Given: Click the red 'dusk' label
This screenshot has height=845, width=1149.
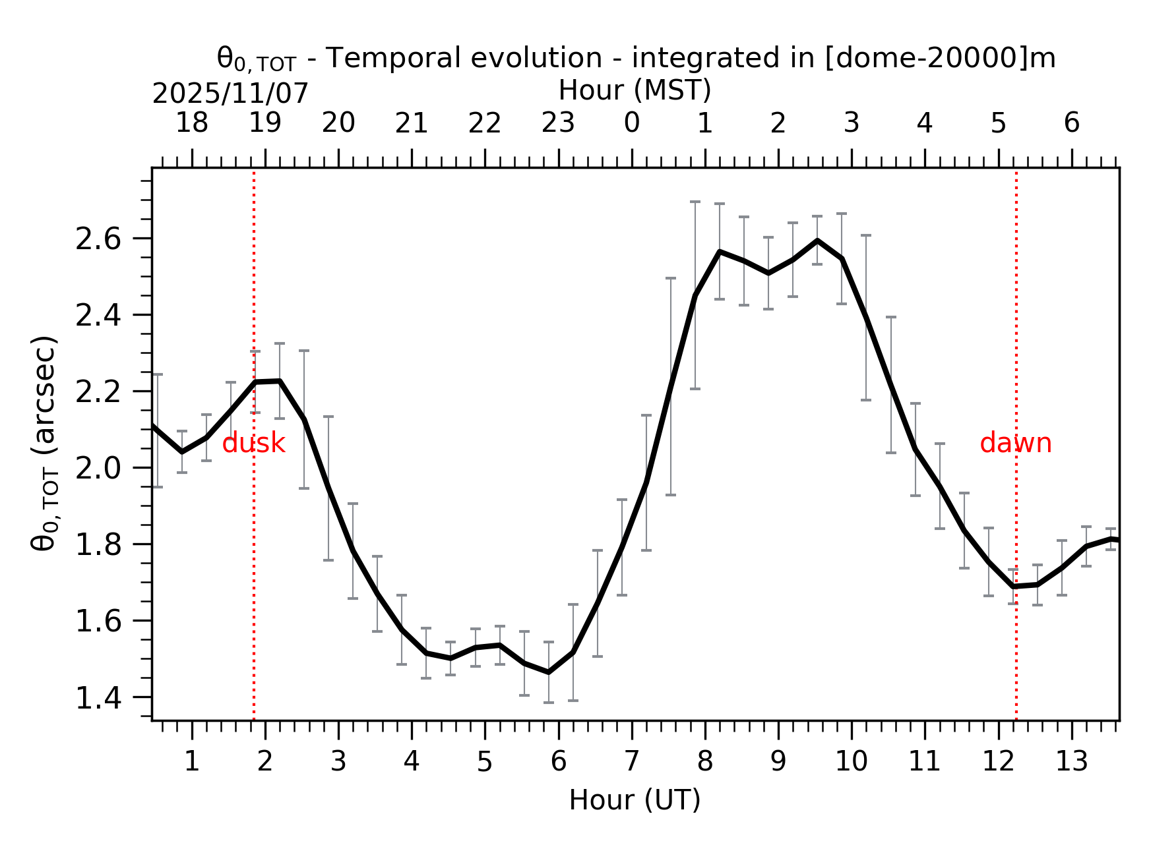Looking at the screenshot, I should [253, 444].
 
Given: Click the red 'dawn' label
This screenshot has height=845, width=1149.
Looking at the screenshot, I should [1015, 444].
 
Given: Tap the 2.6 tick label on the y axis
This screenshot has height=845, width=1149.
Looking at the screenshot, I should [99, 239].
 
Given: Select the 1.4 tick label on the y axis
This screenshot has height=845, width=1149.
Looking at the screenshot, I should [99, 699].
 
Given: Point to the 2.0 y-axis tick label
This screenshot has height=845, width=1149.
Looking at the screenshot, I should [99, 469].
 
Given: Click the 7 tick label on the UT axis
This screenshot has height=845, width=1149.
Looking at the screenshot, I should [632, 762].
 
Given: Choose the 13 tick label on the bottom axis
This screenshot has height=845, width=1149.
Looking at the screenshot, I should [1072, 762].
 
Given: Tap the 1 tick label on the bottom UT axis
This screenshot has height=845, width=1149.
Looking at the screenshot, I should [192, 762].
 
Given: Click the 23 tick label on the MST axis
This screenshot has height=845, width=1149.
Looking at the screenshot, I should [559, 123].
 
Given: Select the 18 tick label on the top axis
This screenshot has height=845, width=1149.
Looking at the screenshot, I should [192, 123].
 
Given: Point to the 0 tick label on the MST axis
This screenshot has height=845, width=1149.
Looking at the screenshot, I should [632, 123].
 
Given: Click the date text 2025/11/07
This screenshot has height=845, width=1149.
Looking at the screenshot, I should [230, 94].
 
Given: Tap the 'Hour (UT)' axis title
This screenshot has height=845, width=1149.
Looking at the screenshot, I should [635, 800].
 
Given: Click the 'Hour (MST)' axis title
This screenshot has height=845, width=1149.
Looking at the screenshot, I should [635, 90].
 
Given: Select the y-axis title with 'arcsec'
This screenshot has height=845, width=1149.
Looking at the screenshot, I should [45, 443].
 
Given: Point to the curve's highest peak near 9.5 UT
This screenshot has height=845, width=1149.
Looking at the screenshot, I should [817, 241].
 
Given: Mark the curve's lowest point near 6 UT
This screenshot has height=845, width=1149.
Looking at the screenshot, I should [548, 672].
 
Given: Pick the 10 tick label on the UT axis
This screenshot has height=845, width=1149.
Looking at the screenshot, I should [852, 762].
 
